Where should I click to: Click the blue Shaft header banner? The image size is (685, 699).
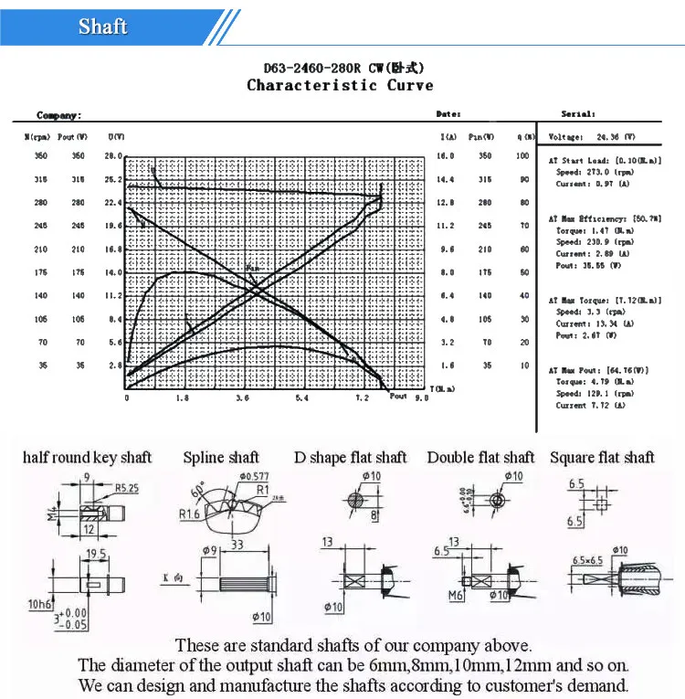tap(102, 26)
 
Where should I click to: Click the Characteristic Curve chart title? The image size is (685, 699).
tap(340, 85)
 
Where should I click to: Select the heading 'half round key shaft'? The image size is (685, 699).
tap(87, 457)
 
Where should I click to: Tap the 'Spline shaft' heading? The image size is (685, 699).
tap(221, 457)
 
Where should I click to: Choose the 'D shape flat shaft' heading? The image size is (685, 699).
tap(350, 457)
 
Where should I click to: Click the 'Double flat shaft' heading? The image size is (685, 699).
tap(480, 457)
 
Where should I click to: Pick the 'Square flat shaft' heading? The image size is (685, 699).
tap(602, 457)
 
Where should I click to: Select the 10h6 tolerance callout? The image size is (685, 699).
tap(40, 604)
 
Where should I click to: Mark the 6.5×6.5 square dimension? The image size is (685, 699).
tap(588, 559)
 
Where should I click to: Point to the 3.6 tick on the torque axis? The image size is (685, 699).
tap(242, 398)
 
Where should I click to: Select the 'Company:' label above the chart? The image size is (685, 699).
tap(58, 115)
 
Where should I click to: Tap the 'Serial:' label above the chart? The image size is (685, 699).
tap(578, 114)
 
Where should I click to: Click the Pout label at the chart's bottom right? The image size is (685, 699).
tap(398, 396)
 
